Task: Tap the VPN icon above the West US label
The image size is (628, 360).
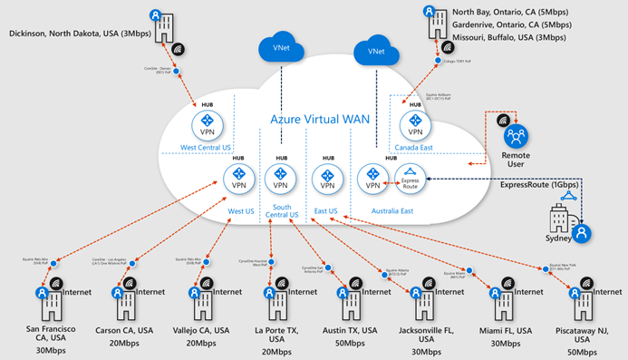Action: [x=239, y=178]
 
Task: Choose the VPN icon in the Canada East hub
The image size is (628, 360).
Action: [x=416, y=122]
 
